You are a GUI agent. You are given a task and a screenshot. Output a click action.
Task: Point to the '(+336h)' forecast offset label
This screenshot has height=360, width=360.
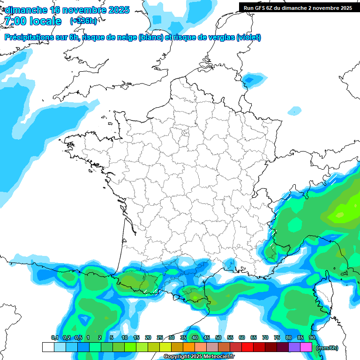[83, 21]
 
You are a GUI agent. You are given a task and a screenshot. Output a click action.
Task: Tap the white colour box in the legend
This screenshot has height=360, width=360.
[48, 347]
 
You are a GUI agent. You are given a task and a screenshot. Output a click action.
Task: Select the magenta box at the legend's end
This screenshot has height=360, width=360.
[306, 347]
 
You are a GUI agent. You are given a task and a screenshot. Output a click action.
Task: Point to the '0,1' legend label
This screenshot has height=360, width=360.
[54, 337]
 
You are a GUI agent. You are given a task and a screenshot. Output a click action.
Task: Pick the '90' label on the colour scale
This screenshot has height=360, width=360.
[312, 337]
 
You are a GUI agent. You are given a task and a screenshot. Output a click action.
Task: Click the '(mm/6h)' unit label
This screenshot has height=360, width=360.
[327, 348]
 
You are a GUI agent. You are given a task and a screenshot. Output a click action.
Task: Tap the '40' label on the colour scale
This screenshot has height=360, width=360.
[195, 337]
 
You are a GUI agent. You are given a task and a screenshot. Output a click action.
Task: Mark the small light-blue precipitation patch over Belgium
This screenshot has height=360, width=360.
[253, 79]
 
